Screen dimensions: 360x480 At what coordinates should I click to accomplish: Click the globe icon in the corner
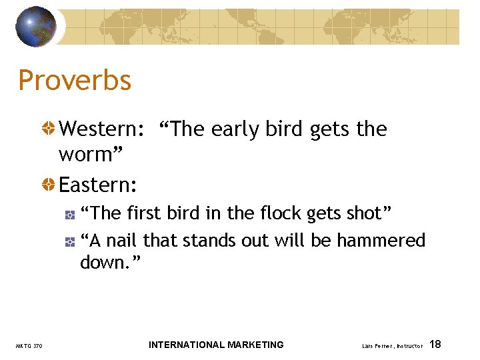36,27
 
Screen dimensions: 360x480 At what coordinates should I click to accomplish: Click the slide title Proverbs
75,81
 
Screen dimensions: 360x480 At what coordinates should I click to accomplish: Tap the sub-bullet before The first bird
69,214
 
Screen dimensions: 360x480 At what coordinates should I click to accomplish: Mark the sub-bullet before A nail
69,241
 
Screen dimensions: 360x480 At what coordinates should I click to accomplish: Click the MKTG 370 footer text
29,346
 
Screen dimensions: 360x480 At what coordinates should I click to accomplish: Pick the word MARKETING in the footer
255,345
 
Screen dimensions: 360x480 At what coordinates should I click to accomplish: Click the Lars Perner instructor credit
392,346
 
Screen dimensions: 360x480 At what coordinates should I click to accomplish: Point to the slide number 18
435,344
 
